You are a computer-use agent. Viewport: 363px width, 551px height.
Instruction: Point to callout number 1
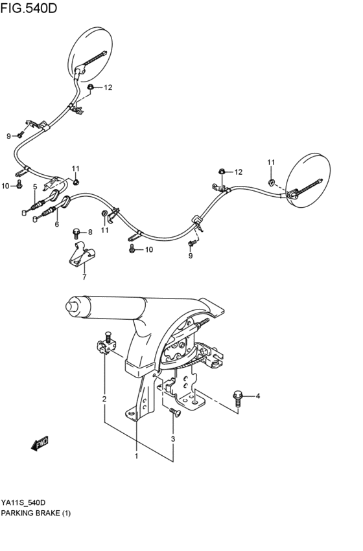click(137, 456)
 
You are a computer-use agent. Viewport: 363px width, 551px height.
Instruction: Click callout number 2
click(104, 399)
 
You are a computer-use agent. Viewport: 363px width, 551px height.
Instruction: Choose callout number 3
click(173, 440)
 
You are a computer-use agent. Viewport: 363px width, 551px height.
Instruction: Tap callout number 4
click(257, 396)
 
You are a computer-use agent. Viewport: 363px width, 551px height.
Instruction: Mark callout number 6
click(57, 225)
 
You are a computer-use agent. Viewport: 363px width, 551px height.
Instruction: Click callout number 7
click(83, 277)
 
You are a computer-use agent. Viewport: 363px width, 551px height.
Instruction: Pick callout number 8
click(90, 232)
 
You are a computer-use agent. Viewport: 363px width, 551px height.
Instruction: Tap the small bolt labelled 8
click(77, 232)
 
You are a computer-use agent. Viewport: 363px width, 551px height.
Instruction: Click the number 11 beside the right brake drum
click(271, 162)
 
